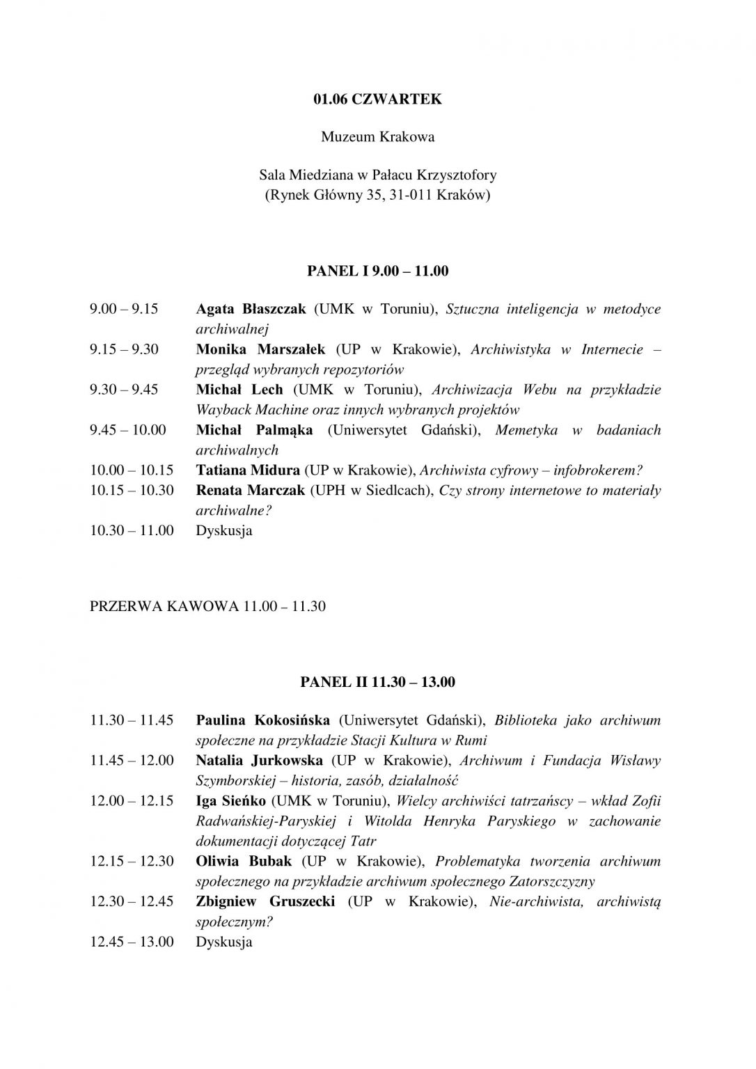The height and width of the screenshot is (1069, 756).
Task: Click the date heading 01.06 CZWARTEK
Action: tap(377, 99)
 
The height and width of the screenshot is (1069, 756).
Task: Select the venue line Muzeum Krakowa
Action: tap(377, 136)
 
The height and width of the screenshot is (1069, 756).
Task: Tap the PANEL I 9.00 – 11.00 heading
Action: tap(377, 271)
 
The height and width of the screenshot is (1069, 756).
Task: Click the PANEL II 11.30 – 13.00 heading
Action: tap(377, 681)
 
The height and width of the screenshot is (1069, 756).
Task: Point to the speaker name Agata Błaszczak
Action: tap(251, 308)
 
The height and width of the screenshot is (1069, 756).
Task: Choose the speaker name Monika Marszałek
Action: tap(260, 349)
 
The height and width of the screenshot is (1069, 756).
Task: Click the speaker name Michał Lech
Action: tap(239, 389)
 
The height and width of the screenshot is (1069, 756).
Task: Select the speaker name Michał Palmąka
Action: tap(254, 429)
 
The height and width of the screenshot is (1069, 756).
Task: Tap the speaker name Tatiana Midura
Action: tap(248, 470)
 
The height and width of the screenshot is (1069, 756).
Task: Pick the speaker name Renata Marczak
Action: tap(251, 490)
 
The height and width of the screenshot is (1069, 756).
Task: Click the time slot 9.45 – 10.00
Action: tap(128, 429)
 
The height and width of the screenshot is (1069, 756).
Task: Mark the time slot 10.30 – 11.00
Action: tap(132, 530)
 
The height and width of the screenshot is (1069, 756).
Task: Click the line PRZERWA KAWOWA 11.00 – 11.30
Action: tap(207, 606)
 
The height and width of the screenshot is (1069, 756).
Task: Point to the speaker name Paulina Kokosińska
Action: tap(263, 720)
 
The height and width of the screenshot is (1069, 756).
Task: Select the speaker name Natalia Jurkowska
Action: tap(259, 760)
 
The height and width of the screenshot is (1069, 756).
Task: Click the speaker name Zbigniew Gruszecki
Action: tap(265, 901)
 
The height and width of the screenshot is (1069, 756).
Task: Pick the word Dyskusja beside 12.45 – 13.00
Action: tap(224, 942)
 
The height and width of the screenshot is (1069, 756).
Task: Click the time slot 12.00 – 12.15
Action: tap(132, 800)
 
